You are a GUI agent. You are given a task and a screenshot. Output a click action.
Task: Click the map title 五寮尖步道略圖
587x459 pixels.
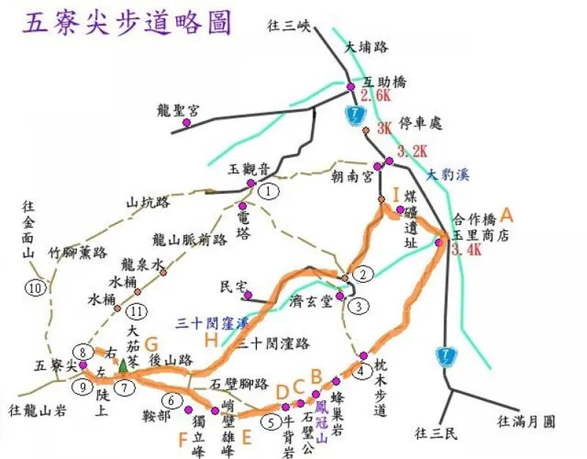point(129,22)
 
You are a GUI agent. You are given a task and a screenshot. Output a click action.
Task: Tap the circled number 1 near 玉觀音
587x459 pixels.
point(270,191)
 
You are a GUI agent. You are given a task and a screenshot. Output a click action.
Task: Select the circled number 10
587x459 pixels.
point(34,287)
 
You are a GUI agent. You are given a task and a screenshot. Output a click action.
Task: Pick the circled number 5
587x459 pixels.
point(271,422)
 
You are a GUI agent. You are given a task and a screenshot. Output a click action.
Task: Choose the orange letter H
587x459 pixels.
point(211,340)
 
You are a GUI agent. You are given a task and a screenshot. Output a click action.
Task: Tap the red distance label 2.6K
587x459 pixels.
point(376,96)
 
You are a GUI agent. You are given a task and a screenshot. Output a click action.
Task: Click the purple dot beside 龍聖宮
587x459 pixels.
point(186,123)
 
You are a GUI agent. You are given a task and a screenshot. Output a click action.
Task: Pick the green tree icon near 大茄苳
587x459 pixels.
point(123,366)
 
